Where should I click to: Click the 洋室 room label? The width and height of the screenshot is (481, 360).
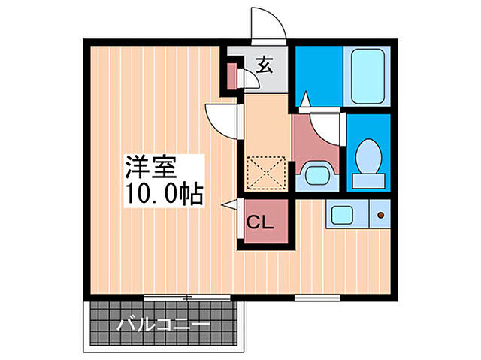151,168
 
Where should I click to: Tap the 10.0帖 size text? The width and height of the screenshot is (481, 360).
164,194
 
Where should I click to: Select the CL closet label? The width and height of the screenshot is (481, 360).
260,222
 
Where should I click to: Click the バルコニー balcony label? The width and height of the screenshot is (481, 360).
164,325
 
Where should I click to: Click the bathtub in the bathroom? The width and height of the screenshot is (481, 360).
368,77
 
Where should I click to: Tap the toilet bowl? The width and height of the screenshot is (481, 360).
368,156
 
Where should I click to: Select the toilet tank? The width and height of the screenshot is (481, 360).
368,180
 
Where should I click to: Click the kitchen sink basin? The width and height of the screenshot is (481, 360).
342,215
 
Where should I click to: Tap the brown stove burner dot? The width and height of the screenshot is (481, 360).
380,215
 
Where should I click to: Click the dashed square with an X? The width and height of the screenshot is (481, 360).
266,174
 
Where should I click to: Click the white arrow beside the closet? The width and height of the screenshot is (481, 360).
228,204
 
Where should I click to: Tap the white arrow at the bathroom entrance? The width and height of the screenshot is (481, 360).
305,98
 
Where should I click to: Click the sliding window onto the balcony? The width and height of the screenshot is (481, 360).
187,297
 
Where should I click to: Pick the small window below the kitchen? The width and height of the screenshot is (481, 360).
317,297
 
